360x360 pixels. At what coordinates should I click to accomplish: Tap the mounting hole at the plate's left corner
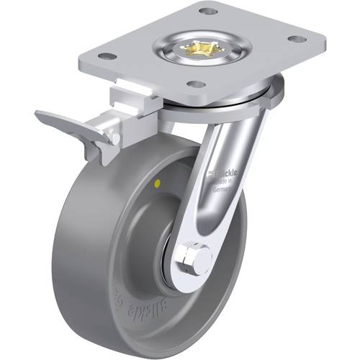tap(105, 55)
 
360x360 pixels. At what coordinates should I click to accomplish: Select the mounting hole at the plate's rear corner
tap(207, 12)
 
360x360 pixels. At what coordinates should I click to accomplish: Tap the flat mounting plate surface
tap(245, 65)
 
